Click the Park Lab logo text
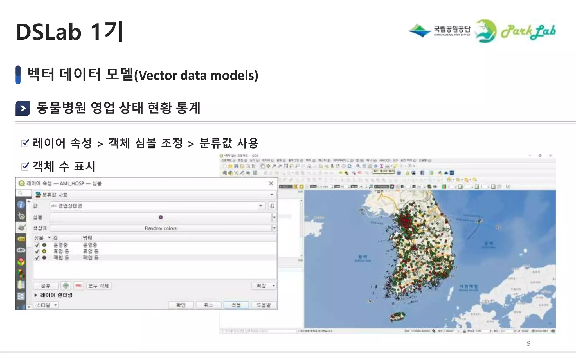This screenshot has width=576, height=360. tap(528, 32)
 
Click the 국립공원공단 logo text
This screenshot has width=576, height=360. tap(452, 29)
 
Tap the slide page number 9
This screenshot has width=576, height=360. tap(528, 343)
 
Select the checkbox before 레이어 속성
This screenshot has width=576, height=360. tap(25, 143)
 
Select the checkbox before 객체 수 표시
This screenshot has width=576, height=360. tap(25, 166)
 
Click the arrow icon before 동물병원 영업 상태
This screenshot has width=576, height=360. tap(23, 108)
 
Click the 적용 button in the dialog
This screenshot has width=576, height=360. tap(236, 305)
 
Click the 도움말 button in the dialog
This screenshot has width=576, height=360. tap(263, 305)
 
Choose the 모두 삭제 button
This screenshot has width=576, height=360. tap(98, 286)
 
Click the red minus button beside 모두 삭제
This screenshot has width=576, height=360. tap(78, 286)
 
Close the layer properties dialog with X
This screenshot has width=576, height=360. tap(271, 183)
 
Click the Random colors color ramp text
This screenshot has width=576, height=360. tap(161, 228)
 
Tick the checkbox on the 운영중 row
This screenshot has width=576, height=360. tap(37, 245)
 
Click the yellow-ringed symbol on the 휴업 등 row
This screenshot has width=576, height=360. tap(44, 251)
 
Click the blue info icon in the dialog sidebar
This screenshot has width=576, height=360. tap(21, 204)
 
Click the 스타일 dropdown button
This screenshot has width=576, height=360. tap(46, 305)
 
